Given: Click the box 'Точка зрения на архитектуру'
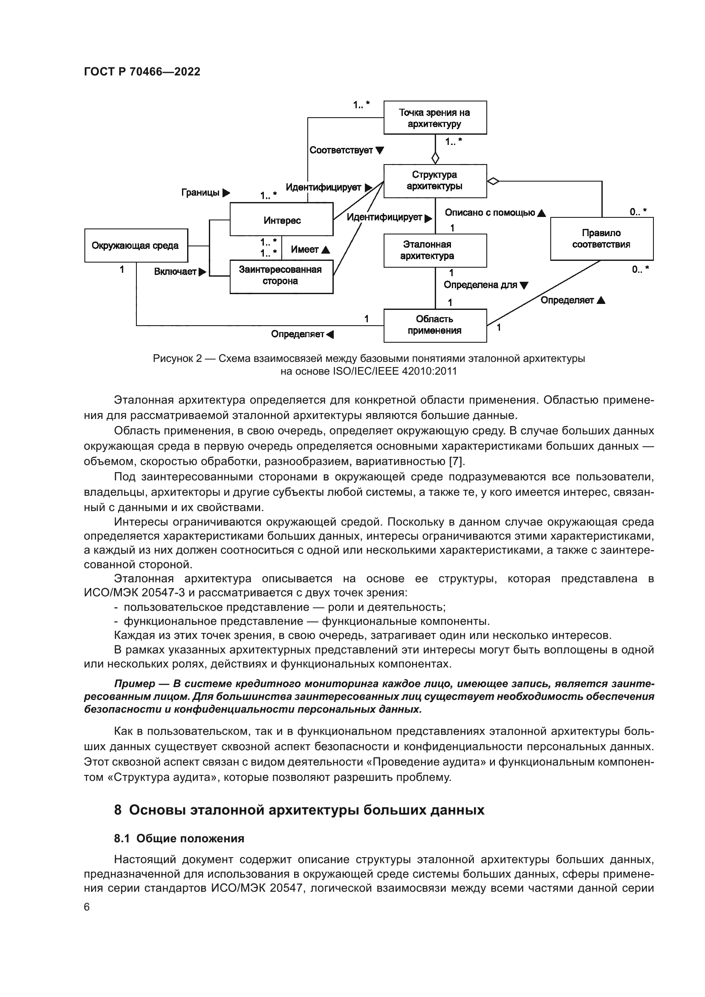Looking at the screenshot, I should coord(434,118).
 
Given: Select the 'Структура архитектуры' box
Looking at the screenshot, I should coord(434,180).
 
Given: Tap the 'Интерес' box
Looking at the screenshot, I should coord(281,220).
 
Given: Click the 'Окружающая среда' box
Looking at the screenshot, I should coord(136,246).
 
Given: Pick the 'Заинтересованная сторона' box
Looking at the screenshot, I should coord(281,276).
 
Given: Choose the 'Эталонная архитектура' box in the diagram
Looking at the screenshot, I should coord(434,251).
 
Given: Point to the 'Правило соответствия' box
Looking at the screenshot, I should coord(601,239).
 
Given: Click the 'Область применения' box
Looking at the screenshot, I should coord(434,325).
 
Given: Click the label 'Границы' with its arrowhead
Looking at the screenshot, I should coord(205,192).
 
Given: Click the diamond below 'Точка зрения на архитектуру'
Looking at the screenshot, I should coord(435,157).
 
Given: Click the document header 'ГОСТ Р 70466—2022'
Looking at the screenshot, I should coord(142,72).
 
